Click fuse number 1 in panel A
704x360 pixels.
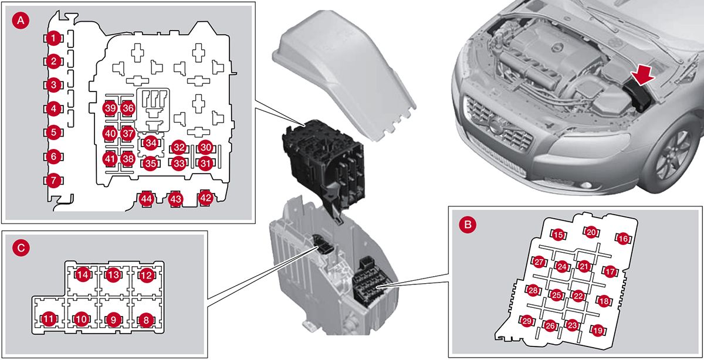pos(53,39)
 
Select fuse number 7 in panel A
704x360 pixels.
pos(53,180)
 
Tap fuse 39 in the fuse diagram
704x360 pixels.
pos(110,108)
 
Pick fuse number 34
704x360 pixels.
pos(151,142)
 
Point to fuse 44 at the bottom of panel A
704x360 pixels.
pos(147,199)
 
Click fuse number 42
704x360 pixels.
pos(205,198)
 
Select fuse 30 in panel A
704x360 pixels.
pos(204,147)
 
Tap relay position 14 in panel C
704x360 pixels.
pos(83,275)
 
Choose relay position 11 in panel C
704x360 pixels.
pos(48,319)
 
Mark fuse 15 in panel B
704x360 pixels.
pos(559,235)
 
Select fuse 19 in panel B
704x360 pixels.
pos(598,331)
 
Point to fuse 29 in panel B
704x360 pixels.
pos(527,321)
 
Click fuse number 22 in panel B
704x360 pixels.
pos(578,296)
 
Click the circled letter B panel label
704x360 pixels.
pos(468,224)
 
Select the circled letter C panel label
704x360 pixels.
pos(21,248)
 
